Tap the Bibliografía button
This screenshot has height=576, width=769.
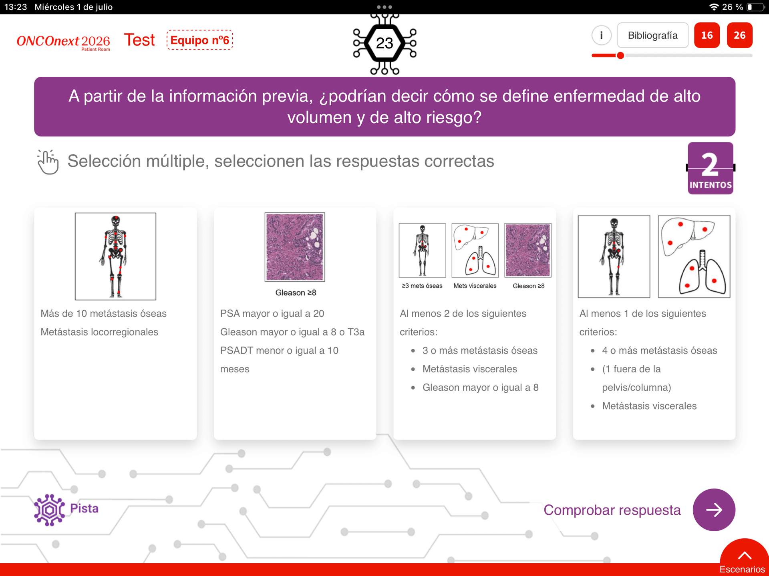click(x=652, y=35)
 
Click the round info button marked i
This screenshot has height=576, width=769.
click(x=601, y=35)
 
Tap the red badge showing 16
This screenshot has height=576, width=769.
click(x=707, y=35)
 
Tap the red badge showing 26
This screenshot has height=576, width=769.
click(x=739, y=35)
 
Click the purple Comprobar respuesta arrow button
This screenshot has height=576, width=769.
click(x=714, y=510)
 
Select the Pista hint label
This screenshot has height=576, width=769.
click(x=84, y=508)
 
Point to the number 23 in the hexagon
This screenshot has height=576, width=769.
click(x=384, y=43)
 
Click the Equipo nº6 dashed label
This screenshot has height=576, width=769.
click(x=199, y=40)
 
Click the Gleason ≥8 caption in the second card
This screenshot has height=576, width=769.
click(x=296, y=292)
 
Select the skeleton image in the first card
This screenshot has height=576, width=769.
click(x=115, y=256)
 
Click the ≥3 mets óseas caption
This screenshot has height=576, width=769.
click(x=422, y=286)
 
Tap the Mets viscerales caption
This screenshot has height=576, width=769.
click(x=475, y=286)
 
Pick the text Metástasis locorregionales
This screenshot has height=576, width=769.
click(x=99, y=332)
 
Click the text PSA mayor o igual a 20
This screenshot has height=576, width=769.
click(x=272, y=314)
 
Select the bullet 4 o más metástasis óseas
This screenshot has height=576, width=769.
click(x=660, y=350)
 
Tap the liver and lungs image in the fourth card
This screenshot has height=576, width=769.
click(x=694, y=256)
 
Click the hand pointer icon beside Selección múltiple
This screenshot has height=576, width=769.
click(x=48, y=162)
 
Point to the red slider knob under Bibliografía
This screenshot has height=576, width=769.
click(x=620, y=56)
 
